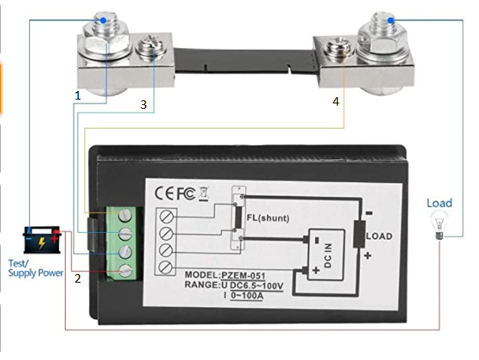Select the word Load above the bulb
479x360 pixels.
point(439,203)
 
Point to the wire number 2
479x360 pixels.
point(77,279)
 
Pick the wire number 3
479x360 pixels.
point(143,104)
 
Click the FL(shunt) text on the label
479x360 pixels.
point(268,218)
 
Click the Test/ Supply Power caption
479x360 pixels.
point(35,266)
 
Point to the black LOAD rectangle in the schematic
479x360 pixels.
point(359,234)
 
